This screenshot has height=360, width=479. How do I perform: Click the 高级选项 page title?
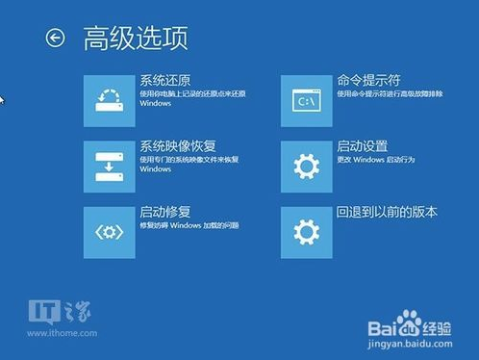[x=136, y=38]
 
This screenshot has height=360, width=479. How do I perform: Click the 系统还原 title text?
[x=164, y=80]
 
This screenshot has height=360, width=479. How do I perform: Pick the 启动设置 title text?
[x=363, y=146]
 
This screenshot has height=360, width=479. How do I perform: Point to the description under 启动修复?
[x=189, y=224]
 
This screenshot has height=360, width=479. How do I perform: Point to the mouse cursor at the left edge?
[x=2, y=99]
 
